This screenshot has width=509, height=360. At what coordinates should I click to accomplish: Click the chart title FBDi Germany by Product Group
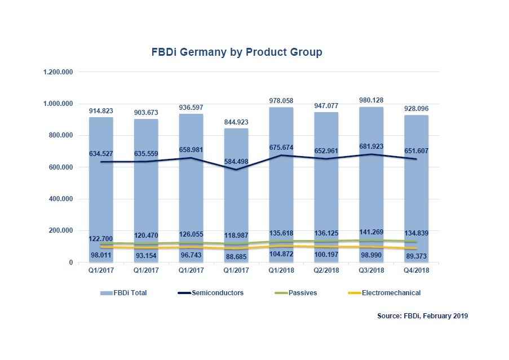[237, 52]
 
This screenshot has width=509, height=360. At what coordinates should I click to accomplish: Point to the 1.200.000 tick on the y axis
[58, 73]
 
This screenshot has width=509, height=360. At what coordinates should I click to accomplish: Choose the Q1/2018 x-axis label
[281, 270]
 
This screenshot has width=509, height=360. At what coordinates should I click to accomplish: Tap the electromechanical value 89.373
[417, 256]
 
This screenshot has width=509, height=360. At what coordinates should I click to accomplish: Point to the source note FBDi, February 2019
[422, 317]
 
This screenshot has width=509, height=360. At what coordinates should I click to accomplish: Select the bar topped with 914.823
[101, 192]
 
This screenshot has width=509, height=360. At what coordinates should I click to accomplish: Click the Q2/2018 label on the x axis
[326, 270]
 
